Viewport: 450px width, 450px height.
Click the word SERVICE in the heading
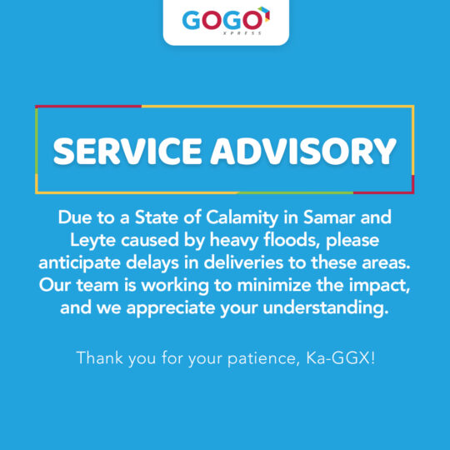(x=127, y=151)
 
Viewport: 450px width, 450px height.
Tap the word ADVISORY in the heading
(x=303, y=151)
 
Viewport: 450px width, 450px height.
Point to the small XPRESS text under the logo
(x=242, y=33)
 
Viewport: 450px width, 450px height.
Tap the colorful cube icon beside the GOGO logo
(x=265, y=14)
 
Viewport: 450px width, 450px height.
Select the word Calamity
(x=242, y=218)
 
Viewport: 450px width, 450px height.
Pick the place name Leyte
(x=92, y=241)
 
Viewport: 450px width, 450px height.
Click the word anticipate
(x=80, y=262)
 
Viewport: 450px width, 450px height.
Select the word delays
(x=152, y=262)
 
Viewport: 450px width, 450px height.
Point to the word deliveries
(x=243, y=262)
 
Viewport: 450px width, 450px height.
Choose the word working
(x=175, y=286)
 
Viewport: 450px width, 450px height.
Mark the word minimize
(x=274, y=285)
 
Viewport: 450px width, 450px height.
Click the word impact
(x=379, y=286)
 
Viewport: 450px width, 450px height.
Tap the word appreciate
(x=171, y=308)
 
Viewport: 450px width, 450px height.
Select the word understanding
(x=326, y=308)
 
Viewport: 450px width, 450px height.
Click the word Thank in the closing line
(x=100, y=357)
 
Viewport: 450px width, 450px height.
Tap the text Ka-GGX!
(x=341, y=357)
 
